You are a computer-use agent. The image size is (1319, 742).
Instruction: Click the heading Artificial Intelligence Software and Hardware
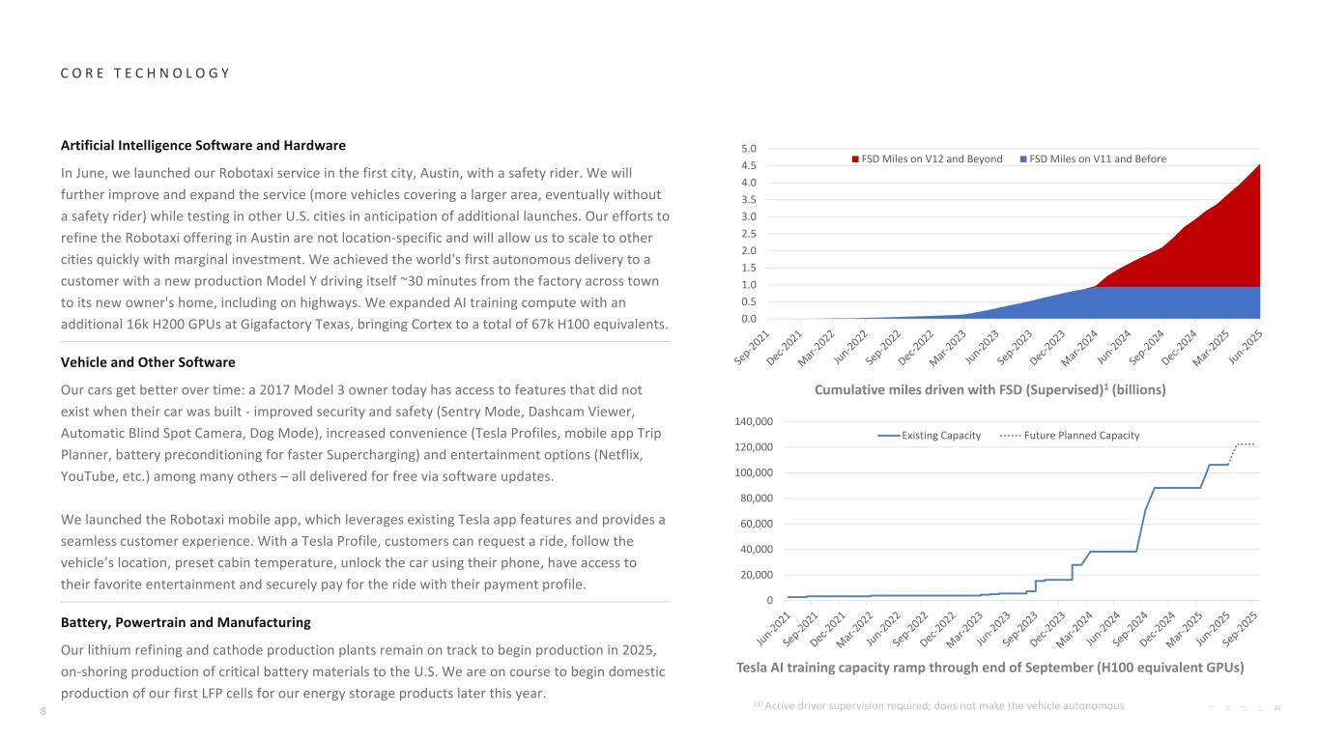[203, 146]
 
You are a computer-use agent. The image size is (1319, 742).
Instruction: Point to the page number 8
[43, 712]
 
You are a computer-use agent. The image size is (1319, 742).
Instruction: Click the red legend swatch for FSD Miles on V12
[855, 158]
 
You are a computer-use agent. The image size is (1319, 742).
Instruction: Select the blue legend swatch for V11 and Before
[1023, 158]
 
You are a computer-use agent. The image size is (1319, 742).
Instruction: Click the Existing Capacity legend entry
[929, 436]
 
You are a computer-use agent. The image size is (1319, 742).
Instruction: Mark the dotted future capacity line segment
[1244, 444]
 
